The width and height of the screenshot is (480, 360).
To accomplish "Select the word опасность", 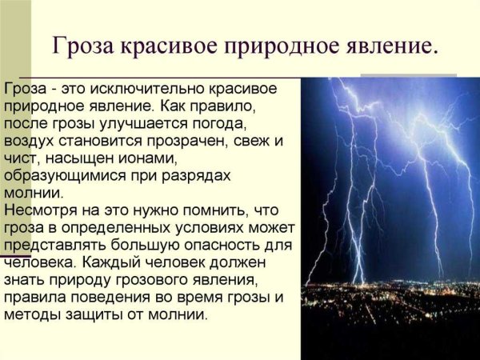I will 230,245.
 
